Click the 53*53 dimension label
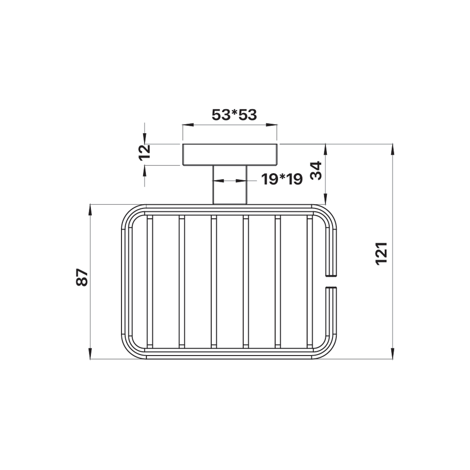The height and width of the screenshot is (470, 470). click(234, 114)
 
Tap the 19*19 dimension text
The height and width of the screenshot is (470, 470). click(282, 179)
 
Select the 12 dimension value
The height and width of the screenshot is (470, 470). click(144, 153)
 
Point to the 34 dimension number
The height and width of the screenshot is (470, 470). click(316, 171)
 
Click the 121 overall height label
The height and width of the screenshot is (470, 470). click(382, 253)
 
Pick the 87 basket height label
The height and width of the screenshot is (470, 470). click(82, 277)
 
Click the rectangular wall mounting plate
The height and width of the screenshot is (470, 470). click(230, 154)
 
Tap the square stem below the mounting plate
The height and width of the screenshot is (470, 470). click(230, 185)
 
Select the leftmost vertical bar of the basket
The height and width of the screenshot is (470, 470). click(150, 282)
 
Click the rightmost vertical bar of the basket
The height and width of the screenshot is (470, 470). click(310, 282)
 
